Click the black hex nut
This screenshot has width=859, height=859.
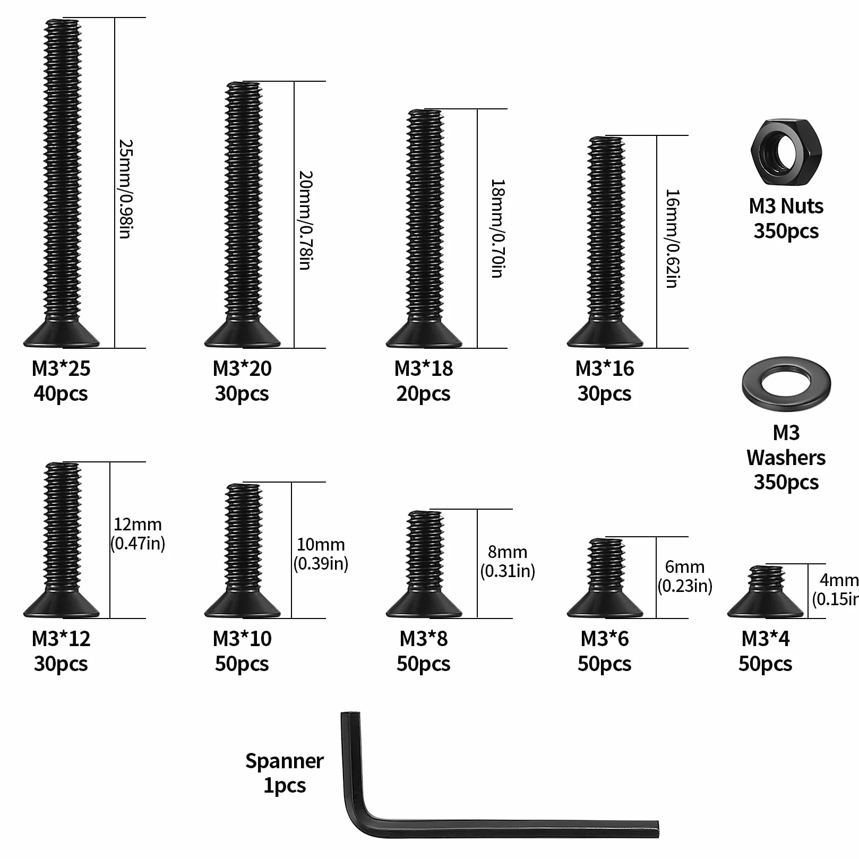click(786, 152)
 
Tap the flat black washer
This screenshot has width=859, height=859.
click(786, 383)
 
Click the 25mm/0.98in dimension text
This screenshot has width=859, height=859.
click(125, 189)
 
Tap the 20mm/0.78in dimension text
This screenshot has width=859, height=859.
click(305, 220)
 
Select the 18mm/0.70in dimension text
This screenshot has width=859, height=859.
click(497, 228)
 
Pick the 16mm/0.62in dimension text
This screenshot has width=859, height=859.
click(672, 238)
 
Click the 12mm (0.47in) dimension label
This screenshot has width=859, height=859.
click(138, 534)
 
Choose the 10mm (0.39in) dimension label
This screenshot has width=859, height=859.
click(321, 554)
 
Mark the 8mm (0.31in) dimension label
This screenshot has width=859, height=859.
click(508, 561)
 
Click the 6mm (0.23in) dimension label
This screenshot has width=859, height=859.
click(685, 576)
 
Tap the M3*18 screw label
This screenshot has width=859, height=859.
click(424, 368)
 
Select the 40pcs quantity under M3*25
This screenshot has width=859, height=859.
click(61, 394)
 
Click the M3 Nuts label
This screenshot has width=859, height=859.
click(786, 206)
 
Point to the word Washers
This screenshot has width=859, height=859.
click(786, 458)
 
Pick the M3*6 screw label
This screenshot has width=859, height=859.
click(605, 639)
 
